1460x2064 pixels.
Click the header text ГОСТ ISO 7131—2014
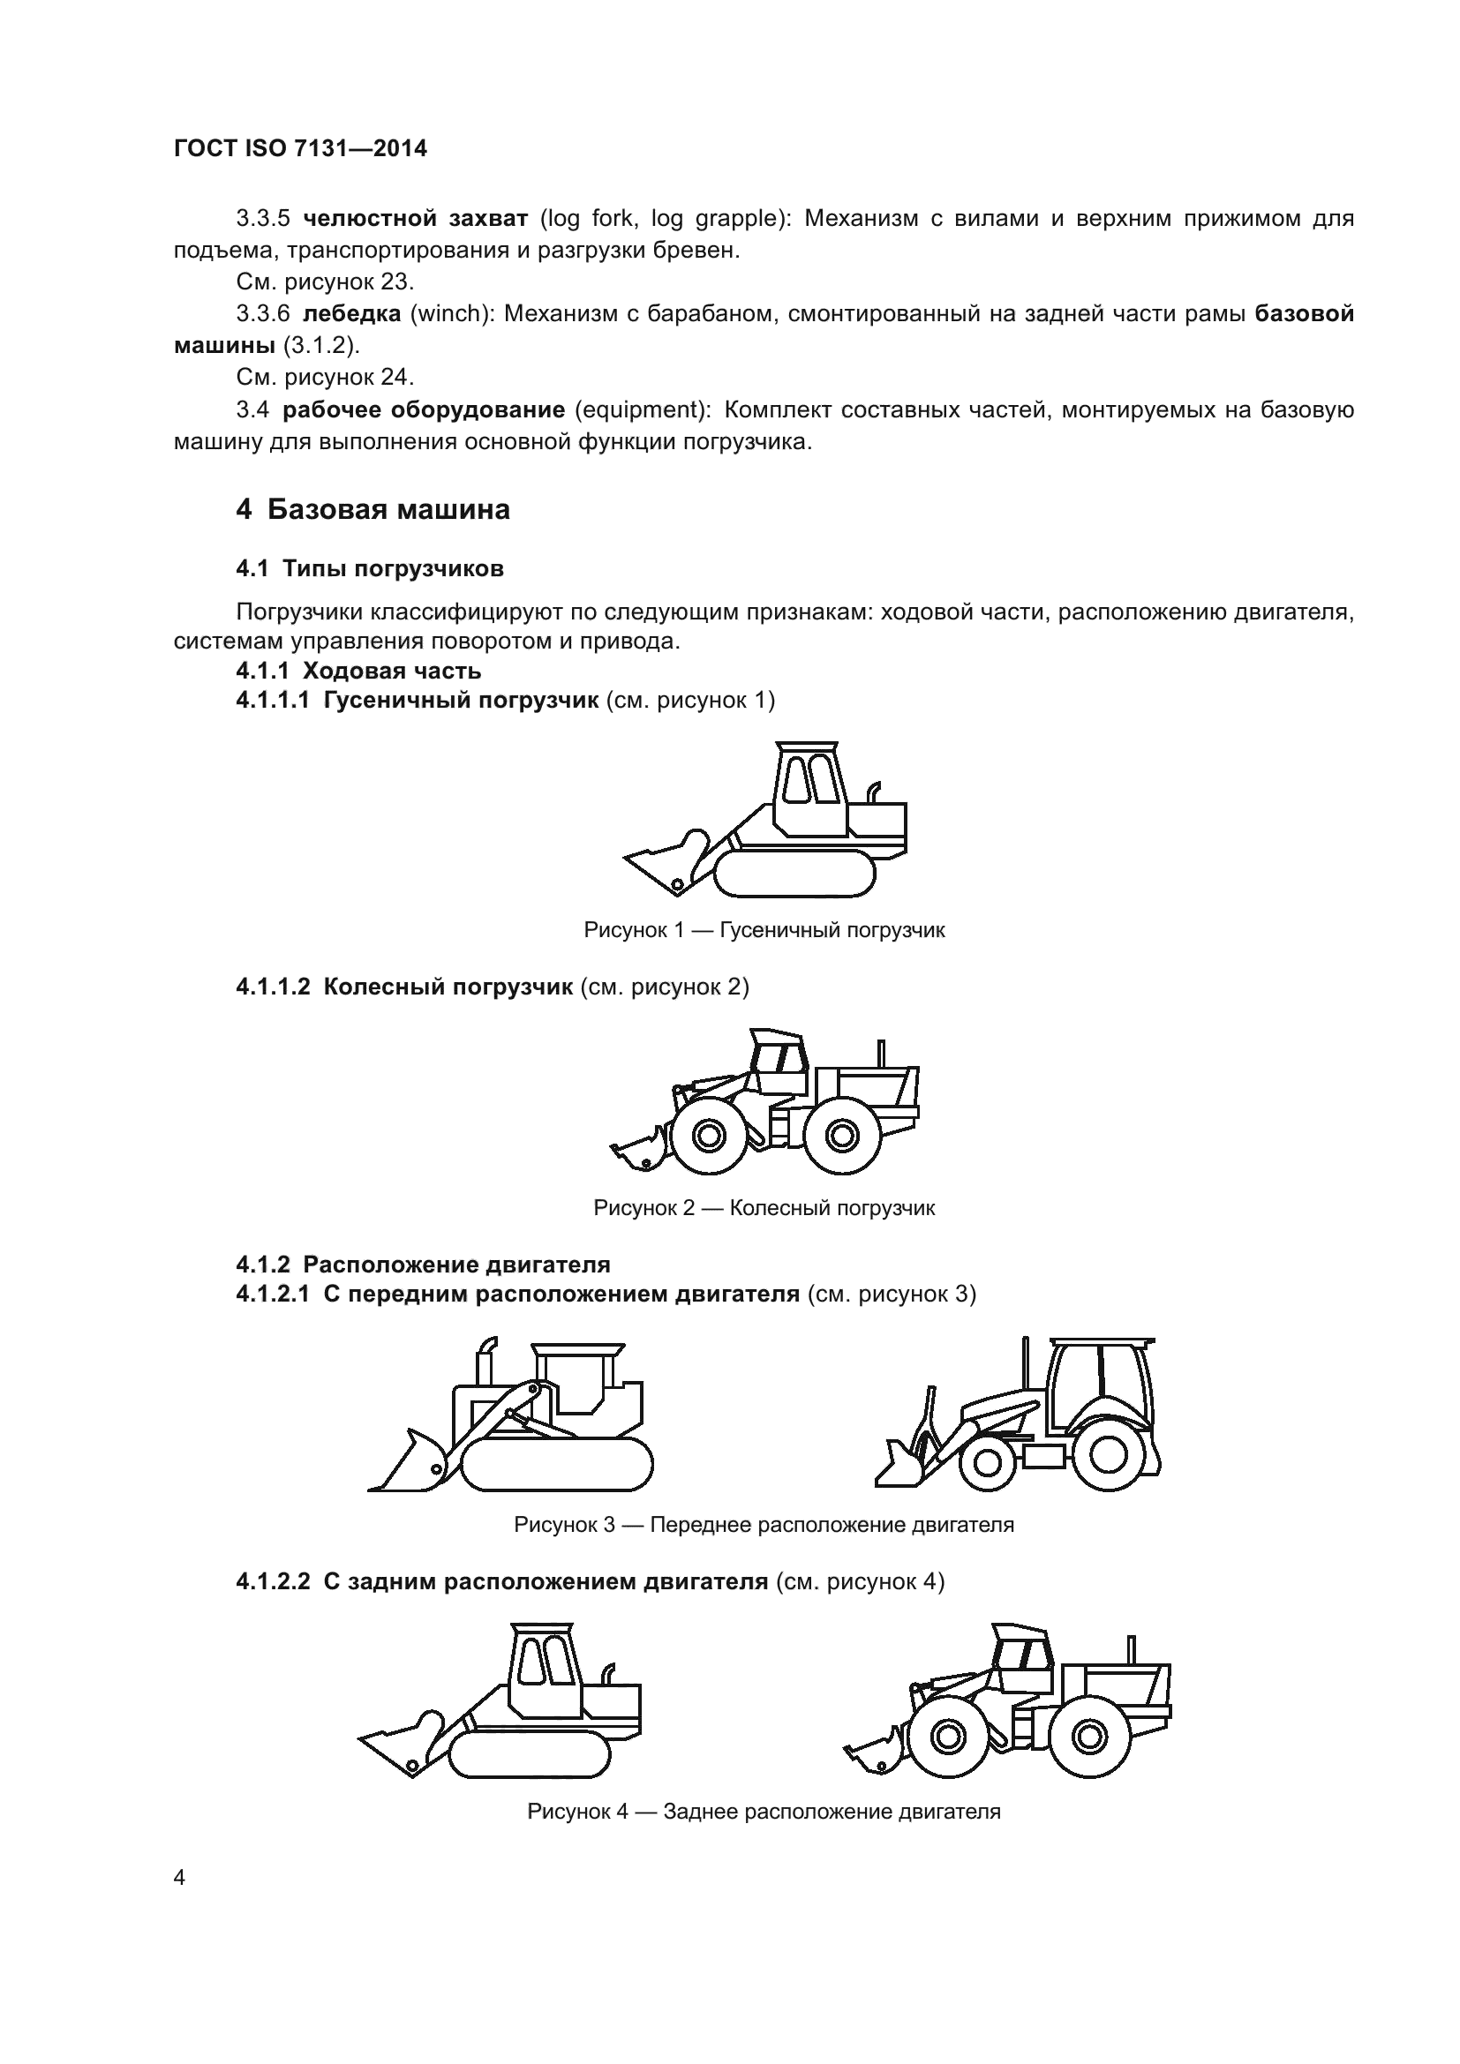(300, 149)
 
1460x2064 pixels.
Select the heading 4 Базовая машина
(373, 510)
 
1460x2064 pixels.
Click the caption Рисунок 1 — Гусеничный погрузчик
(764, 929)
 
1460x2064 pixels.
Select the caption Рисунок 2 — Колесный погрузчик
(764, 1207)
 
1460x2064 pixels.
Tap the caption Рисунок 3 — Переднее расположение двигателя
(764, 1525)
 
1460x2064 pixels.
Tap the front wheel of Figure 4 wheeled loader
(946, 1735)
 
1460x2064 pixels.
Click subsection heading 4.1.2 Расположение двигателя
(423, 1265)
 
